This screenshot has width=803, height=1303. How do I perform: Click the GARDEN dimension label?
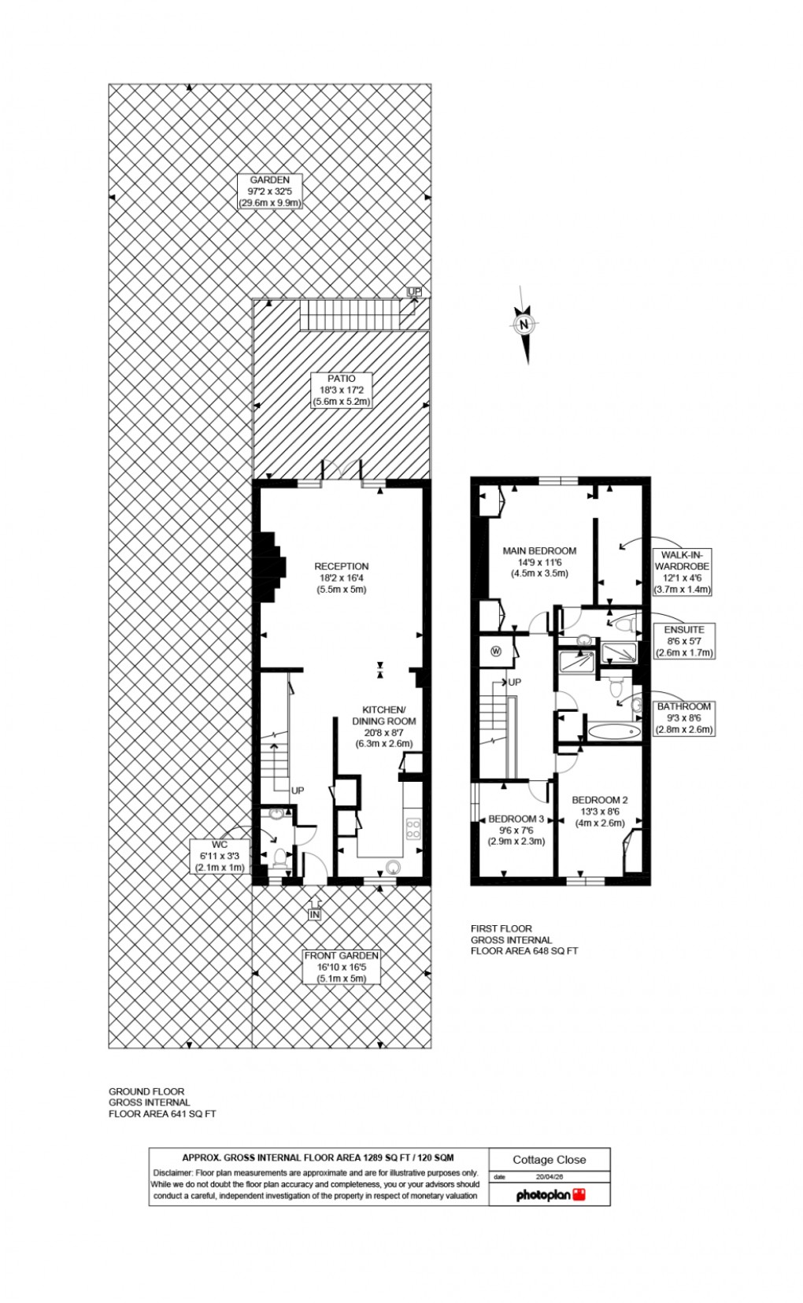pyautogui.click(x=270, y=191)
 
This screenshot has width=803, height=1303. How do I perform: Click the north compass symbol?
pyautogui.click(x=525, y=324)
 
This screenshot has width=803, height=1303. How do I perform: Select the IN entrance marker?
pyautogui.click(x=314, y=915)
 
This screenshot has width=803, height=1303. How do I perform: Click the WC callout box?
pyautogui.click(x=220, y=856)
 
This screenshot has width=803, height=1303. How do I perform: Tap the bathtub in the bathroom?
pyautogui.click(x=615, y=732)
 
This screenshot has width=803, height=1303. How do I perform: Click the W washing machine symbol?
pyautogui.click(x=496, y=651)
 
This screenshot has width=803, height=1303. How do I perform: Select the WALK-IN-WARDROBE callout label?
pyautogui.click(x=682, y=572)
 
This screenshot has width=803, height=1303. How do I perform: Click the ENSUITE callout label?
pyautogui.click(x=684, y=641)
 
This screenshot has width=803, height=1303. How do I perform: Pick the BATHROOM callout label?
pyautogui.click(x=684, y=718)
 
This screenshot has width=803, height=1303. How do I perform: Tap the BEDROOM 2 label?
pyautogui.click(x=600, y=811)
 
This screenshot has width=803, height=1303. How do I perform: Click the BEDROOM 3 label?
pyautogui.click(x=516, y=830)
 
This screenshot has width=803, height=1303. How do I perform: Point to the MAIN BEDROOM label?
pyautogui.click(x=539, y=562)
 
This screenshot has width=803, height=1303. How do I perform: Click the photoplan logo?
pyautogui.click(x=550, y=1195)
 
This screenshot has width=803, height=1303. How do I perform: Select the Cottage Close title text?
pyautogui.click(x=550, y=1159)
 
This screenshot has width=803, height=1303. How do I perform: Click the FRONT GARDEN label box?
pyautogui.click(x=342, y=966)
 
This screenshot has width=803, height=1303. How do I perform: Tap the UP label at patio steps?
pyautogui.click(x=414, y=291)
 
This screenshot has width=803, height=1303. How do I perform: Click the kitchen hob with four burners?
pyautogui.click(x=413, y=827)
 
